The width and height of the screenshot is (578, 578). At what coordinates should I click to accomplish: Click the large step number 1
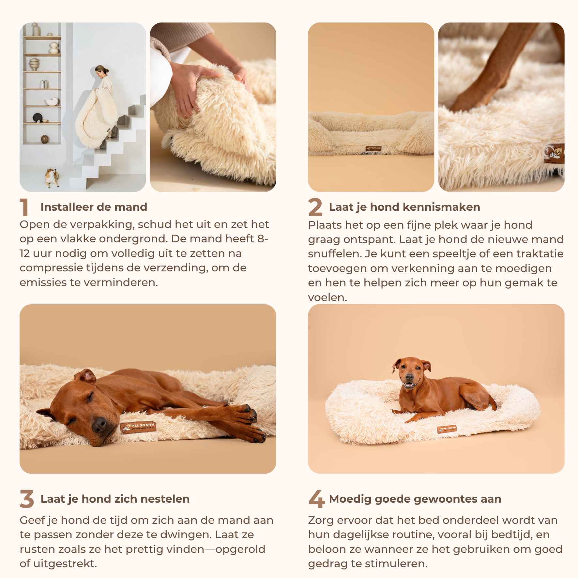pos(24,207)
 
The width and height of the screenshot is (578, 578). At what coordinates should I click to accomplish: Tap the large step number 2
pos(315,207)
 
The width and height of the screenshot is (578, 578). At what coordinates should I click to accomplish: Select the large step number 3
pos(27,499)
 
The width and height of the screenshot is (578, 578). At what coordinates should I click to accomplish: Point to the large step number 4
pos(317,499)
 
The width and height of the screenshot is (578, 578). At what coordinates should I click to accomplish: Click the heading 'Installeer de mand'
pos(94,207)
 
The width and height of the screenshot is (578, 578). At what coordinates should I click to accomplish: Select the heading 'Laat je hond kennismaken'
pos(404,207)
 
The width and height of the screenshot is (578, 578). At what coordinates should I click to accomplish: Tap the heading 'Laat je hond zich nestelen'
pos(115,499)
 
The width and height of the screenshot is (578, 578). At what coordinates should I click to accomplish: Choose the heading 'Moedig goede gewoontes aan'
pos(415,499)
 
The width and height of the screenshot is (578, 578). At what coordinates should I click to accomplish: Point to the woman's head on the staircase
pos(101,71)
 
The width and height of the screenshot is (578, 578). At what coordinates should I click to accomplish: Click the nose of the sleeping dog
pos(99,425)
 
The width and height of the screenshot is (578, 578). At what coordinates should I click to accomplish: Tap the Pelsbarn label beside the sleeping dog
pos(138,427)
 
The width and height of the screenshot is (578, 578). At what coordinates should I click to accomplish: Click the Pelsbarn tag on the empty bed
pos(373,148)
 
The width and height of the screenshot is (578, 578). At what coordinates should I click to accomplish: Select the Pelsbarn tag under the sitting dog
pos(447,429)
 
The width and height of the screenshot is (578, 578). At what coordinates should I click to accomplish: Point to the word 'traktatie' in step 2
pos(540,254)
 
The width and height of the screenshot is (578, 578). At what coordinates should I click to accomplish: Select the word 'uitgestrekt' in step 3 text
pos(65,564)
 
